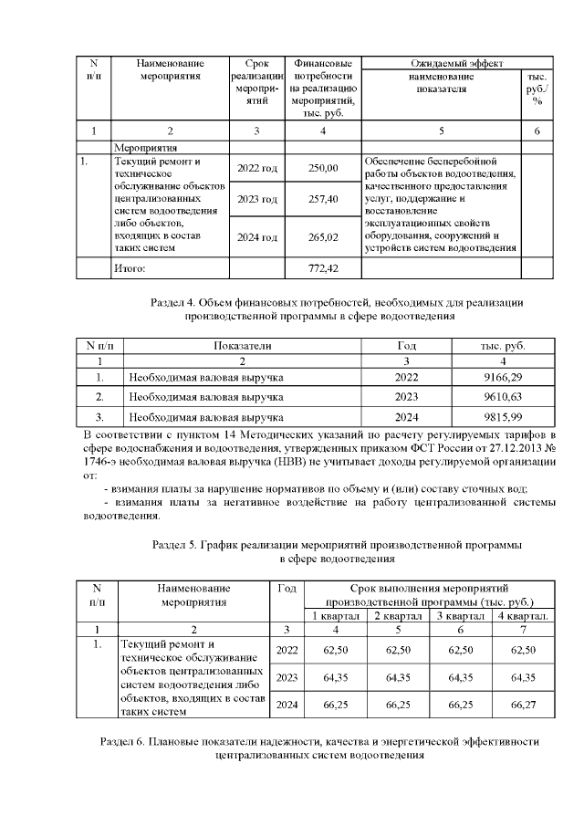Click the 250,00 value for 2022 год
click(323, 168)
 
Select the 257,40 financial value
click(323, 199)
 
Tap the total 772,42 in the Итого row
click(323, 268)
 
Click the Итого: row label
click(129, 268)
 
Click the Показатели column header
click(243, 346)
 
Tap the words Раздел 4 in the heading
click(177, 303)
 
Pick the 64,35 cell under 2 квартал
click(398, 677)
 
